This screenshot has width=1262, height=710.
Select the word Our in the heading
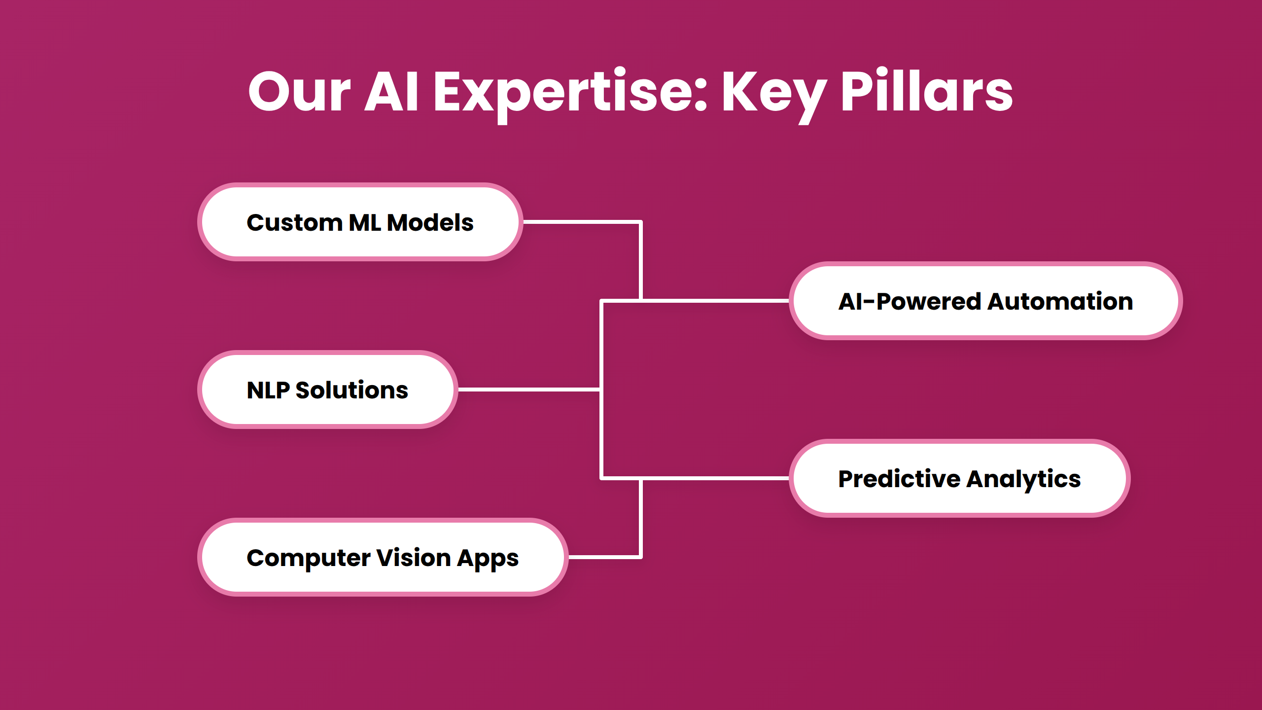pyautogui.click(x=299, y=93)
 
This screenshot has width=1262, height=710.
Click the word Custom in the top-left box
pyautogui.click(x=294, y=222)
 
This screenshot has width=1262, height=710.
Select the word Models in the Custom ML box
pyautogui.click(x=430, y=222)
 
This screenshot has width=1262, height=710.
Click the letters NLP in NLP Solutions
pyautogui.click(x=268, y=390)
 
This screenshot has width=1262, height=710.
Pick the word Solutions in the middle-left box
pyautogui.click(x=351, y=390)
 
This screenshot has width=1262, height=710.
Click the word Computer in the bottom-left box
pyautogui.click(x=308, y=558)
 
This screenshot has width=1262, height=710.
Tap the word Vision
pyautogui.click(x=413, y=558)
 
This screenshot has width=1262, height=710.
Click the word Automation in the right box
pyautogui.click(x=1060, y=301)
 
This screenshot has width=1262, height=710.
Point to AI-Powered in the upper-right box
pyautogui.click(x=910, y=301)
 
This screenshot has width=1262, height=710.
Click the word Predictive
pyautogui.click(x=899, y=479)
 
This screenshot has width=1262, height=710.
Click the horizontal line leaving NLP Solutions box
pyautogui.click(x=527, y=390)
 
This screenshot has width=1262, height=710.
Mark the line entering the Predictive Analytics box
pyautogui.click(x=715, y=478)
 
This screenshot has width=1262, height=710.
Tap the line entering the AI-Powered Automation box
pyautogui.click(x=715, y=300)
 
